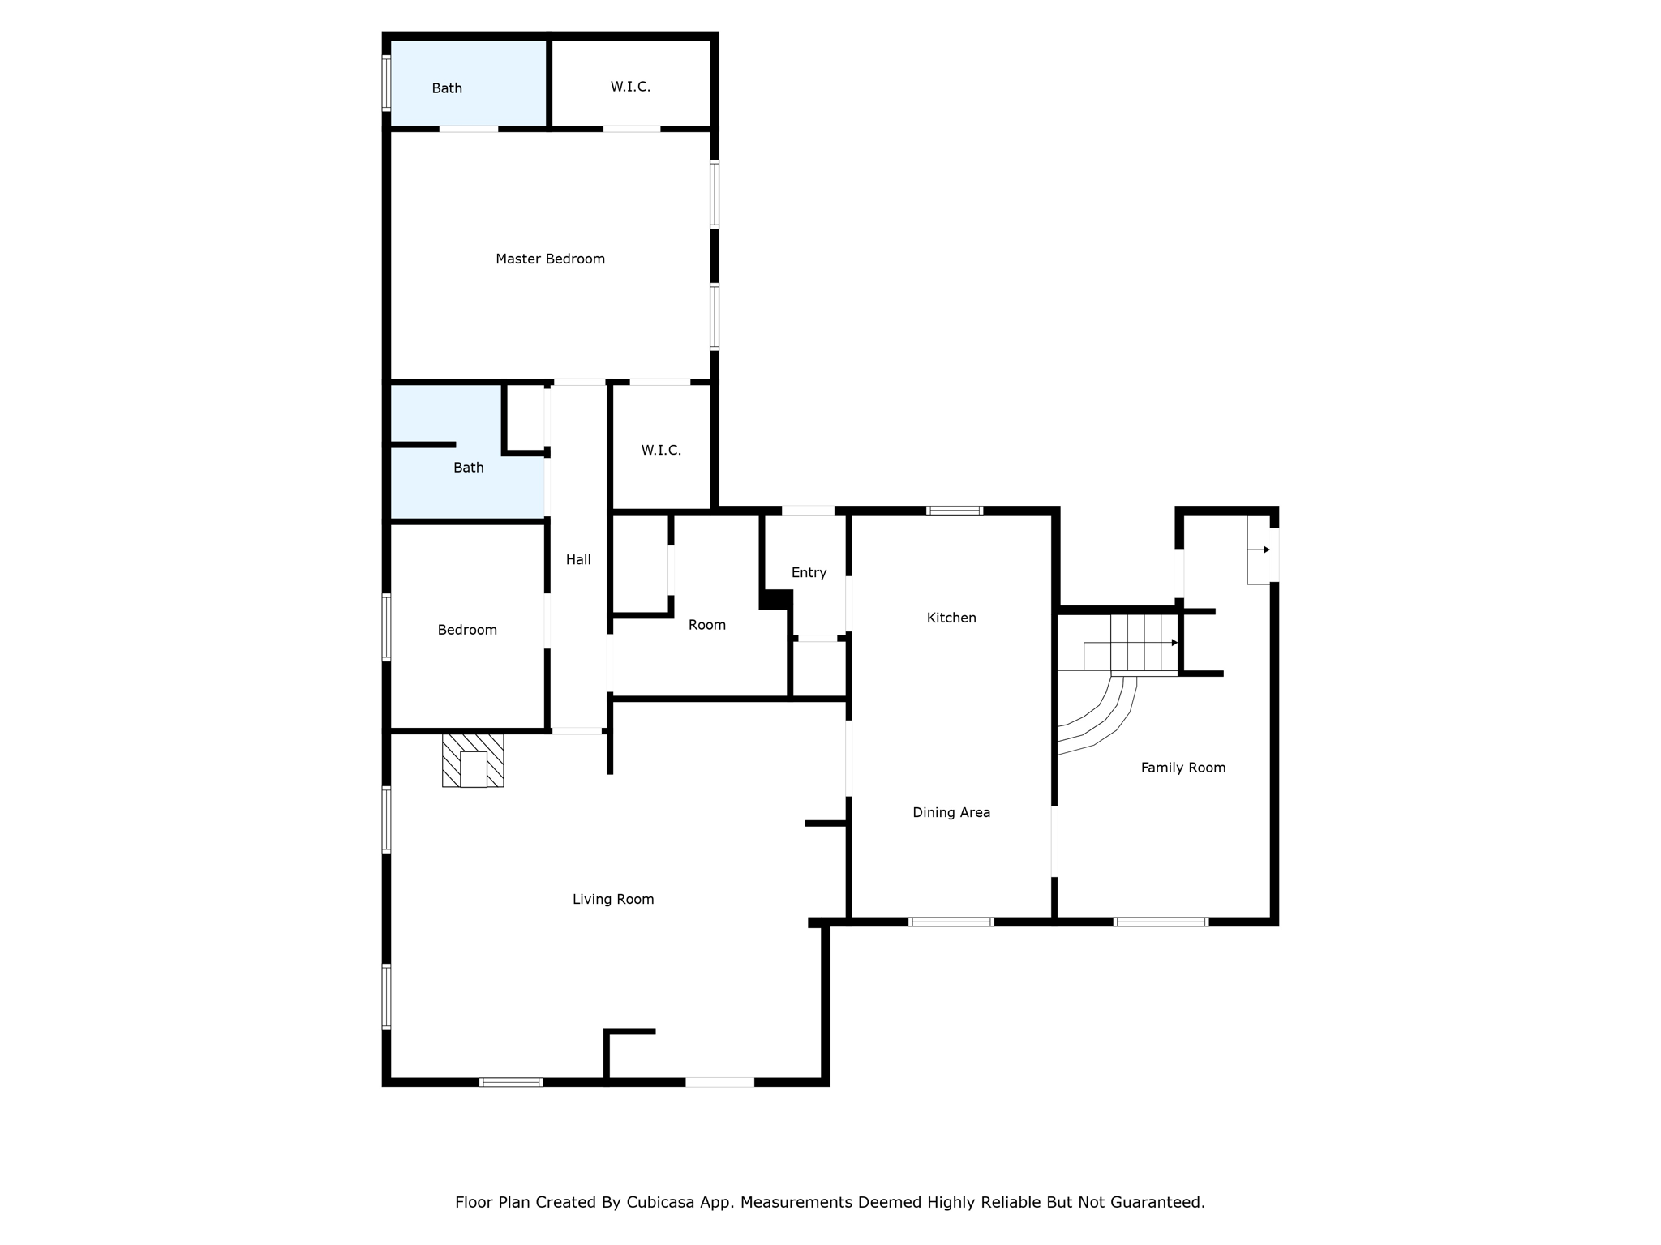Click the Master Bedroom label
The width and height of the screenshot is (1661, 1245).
(550, 259)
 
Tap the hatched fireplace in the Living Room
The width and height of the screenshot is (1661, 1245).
(473, 760)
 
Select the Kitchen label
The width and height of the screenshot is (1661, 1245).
(951, 618)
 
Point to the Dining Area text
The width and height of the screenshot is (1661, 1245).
(951, 812)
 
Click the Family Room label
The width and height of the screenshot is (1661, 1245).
(1182, 768)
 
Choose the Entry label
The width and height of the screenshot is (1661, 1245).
(809, 572)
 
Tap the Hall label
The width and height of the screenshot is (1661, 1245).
(578, 559)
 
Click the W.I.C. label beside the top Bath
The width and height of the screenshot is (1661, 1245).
(630, 87)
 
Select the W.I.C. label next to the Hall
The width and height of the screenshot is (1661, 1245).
(661, 450)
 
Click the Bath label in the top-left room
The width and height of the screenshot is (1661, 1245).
(447, 88)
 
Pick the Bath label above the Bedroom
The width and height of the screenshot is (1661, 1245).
(468, 468)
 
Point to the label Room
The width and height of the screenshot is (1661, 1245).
(706, 625)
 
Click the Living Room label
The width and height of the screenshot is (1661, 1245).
(613, 899)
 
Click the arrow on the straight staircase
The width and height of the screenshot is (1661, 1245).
(1174, 643)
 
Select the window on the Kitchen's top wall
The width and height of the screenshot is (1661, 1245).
(955, 511)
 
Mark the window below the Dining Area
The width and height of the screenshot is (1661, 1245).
(951, 922)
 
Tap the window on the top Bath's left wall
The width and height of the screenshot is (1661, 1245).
(387, 82)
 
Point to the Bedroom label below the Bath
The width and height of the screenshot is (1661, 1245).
(467, 630)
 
